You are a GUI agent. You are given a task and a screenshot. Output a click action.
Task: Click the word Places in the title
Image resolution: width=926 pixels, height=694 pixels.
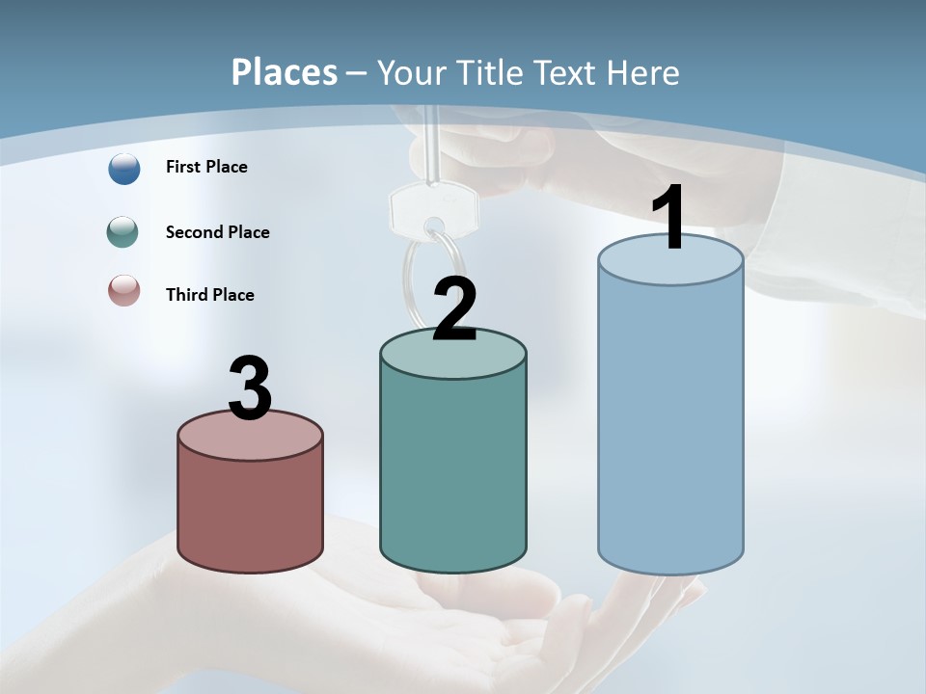[x=285, y=72]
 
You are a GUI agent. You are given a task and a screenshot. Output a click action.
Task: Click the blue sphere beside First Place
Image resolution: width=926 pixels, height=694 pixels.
[x=123, y=168]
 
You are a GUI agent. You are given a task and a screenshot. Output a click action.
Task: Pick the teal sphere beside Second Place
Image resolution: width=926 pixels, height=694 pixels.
[x=123, y=232]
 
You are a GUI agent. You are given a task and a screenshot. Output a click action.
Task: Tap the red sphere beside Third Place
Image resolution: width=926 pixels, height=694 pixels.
[x=123, y=290]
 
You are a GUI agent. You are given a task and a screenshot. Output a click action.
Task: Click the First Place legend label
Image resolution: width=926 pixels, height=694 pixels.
[x=206, y=167]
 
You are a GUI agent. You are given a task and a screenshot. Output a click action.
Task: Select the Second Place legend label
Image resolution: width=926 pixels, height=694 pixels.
[x=217, y=232]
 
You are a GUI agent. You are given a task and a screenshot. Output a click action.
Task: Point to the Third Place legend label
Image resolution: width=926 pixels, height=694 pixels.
[x=209, y=295]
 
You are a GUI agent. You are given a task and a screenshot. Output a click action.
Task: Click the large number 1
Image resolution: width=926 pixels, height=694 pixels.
[x=669, y=220]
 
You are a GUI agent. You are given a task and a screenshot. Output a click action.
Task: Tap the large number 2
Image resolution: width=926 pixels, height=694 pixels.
[x=455, y=309]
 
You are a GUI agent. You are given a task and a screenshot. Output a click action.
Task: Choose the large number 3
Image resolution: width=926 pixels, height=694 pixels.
[x=251, y=388]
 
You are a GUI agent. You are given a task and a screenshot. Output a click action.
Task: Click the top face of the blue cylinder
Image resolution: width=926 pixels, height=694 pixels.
[x=670, y=265]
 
